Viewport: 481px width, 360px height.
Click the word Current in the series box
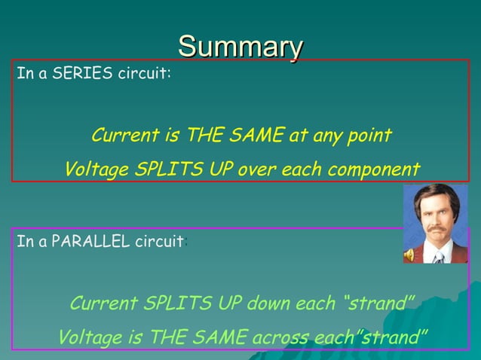tap(124, 136)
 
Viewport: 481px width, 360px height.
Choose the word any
tap(325, 136)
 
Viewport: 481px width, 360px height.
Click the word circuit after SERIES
tap(147, 75)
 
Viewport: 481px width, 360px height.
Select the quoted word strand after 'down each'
tap(379, 304)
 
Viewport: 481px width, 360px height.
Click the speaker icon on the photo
tap(409, 255)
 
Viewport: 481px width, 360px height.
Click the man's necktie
tap(438, 255)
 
